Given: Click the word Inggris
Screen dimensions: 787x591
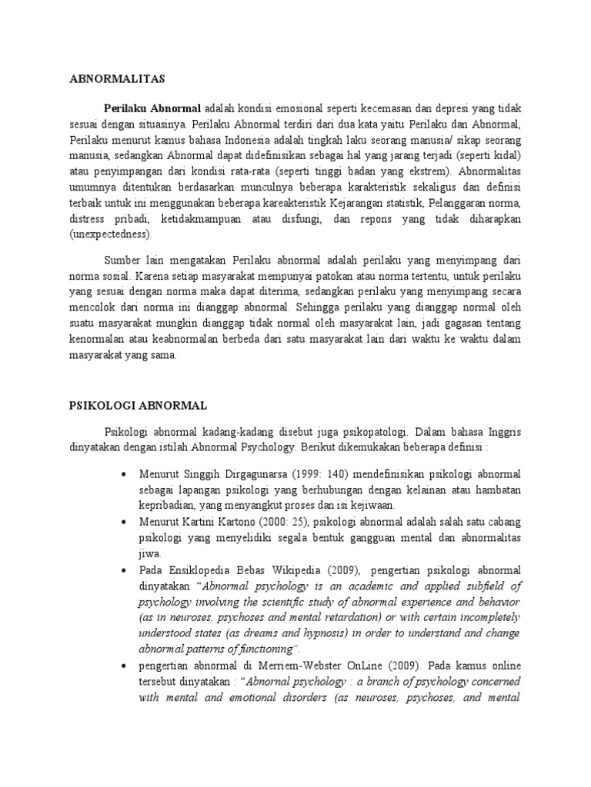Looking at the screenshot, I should point(503,433).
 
